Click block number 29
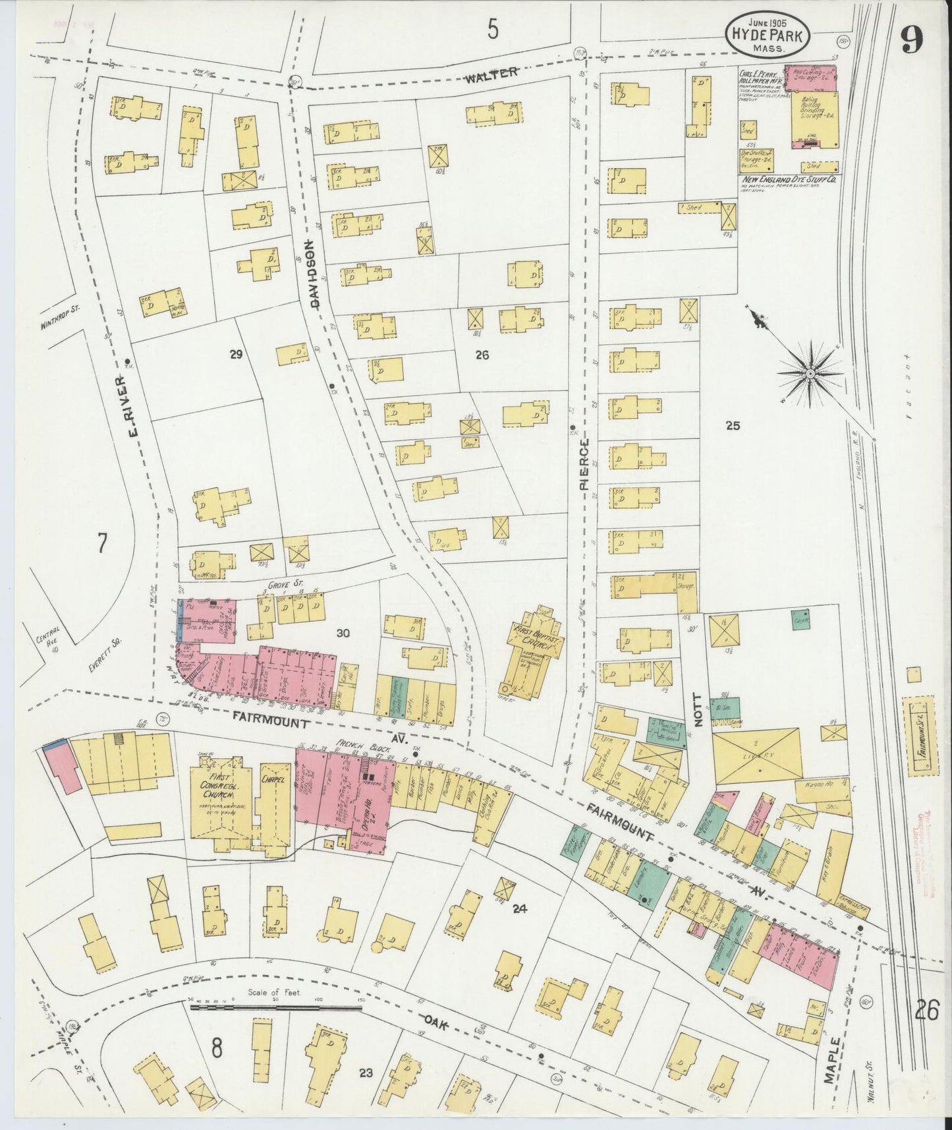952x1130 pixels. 236,355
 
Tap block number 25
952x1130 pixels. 733,425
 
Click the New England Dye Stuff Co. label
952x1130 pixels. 787,178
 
